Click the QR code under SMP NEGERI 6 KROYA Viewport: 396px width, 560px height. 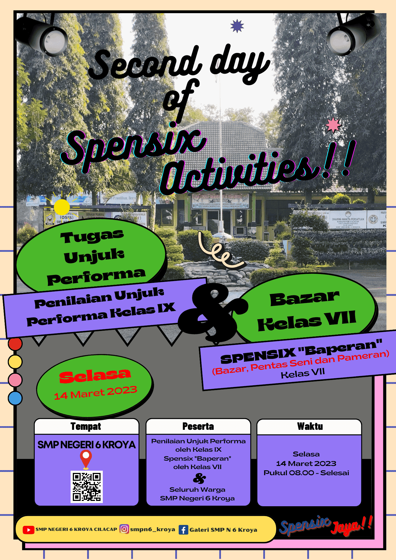click(x=87, y=487)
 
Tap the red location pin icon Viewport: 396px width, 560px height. click(x=86, y=459)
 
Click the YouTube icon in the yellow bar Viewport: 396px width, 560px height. click(x=28, y=530)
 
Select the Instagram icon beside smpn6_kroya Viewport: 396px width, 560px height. click(x=124, y=529)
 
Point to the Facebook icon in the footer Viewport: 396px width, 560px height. click(x=183, y=530)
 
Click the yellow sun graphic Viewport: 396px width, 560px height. click(x=62, y=207)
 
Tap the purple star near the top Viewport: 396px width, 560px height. click(x=237, y=26)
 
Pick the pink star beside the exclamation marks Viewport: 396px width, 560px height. click(x=333, y=125)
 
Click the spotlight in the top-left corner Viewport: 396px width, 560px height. click(x=45, y=35)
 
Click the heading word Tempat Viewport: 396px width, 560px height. click(x=86, y=426)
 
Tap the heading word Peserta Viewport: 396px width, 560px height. click(x=198, y=426)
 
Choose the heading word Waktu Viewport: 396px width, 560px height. click(x=310, y=426)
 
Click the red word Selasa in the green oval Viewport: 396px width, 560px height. click(x=95, y=376)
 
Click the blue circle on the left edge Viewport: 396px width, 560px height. click(x=15, y=398)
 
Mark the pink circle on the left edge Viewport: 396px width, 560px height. click(x=15, y=380)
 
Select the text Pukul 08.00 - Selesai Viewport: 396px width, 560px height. click(x=306, y=473)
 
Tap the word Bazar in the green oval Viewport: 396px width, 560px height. click(x=304, y=299)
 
